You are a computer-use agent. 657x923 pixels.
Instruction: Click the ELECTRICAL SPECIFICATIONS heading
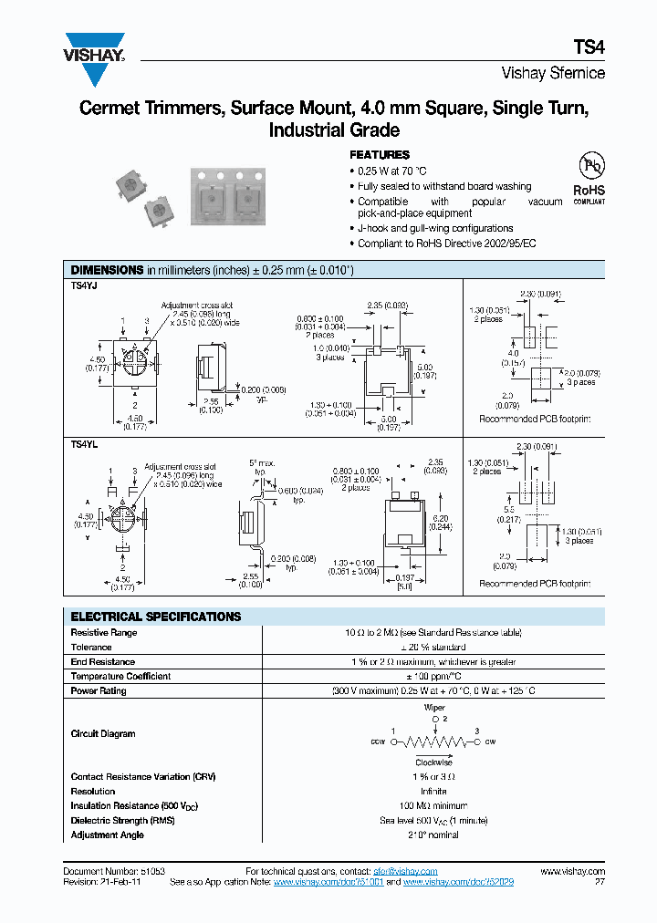(156, 617)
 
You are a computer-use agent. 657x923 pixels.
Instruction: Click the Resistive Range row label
(104, 633)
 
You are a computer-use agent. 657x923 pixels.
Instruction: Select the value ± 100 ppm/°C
(433, 677)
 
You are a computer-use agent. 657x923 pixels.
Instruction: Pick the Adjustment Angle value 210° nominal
(433, 835)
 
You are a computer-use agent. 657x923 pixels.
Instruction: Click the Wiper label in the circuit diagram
(434, 707)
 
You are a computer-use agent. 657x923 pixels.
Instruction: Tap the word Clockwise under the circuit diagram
(433, 762)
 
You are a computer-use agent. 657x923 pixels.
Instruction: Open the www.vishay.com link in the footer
(574, 872)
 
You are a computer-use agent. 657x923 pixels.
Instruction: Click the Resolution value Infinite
(433, 792)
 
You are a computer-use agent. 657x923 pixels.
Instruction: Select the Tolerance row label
(91, 648)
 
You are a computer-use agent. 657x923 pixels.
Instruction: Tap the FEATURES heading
(380, 155)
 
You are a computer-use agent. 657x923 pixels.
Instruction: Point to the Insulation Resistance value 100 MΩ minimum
(433, 806)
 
